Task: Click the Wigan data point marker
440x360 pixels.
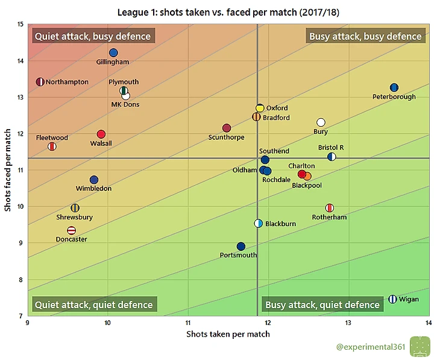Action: point(392,299)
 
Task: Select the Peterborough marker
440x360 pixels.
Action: point(394,87)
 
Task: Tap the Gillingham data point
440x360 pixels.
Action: point(113,52)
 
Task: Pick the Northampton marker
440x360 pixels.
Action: point(40,82)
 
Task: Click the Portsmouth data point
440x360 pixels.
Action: point(241,246)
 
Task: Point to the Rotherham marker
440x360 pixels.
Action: point(330,208)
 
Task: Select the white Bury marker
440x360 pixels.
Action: point(321,122)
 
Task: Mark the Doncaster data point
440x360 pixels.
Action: point(72,230)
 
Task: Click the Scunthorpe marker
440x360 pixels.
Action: point(227,128)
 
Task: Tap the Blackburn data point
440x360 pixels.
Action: point(259,223)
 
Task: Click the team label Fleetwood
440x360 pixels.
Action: point(52,138)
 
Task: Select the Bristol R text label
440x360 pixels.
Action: point(331,148)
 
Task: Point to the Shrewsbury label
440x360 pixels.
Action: point(74,217)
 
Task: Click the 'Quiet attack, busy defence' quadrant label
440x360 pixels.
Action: point(93,36)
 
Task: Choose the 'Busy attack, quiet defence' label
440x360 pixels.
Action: point(322,305)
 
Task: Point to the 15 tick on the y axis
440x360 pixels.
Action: point(20,25)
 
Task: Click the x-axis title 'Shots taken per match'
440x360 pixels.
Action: point(228,334)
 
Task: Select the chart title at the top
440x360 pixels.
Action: point(228,11)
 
